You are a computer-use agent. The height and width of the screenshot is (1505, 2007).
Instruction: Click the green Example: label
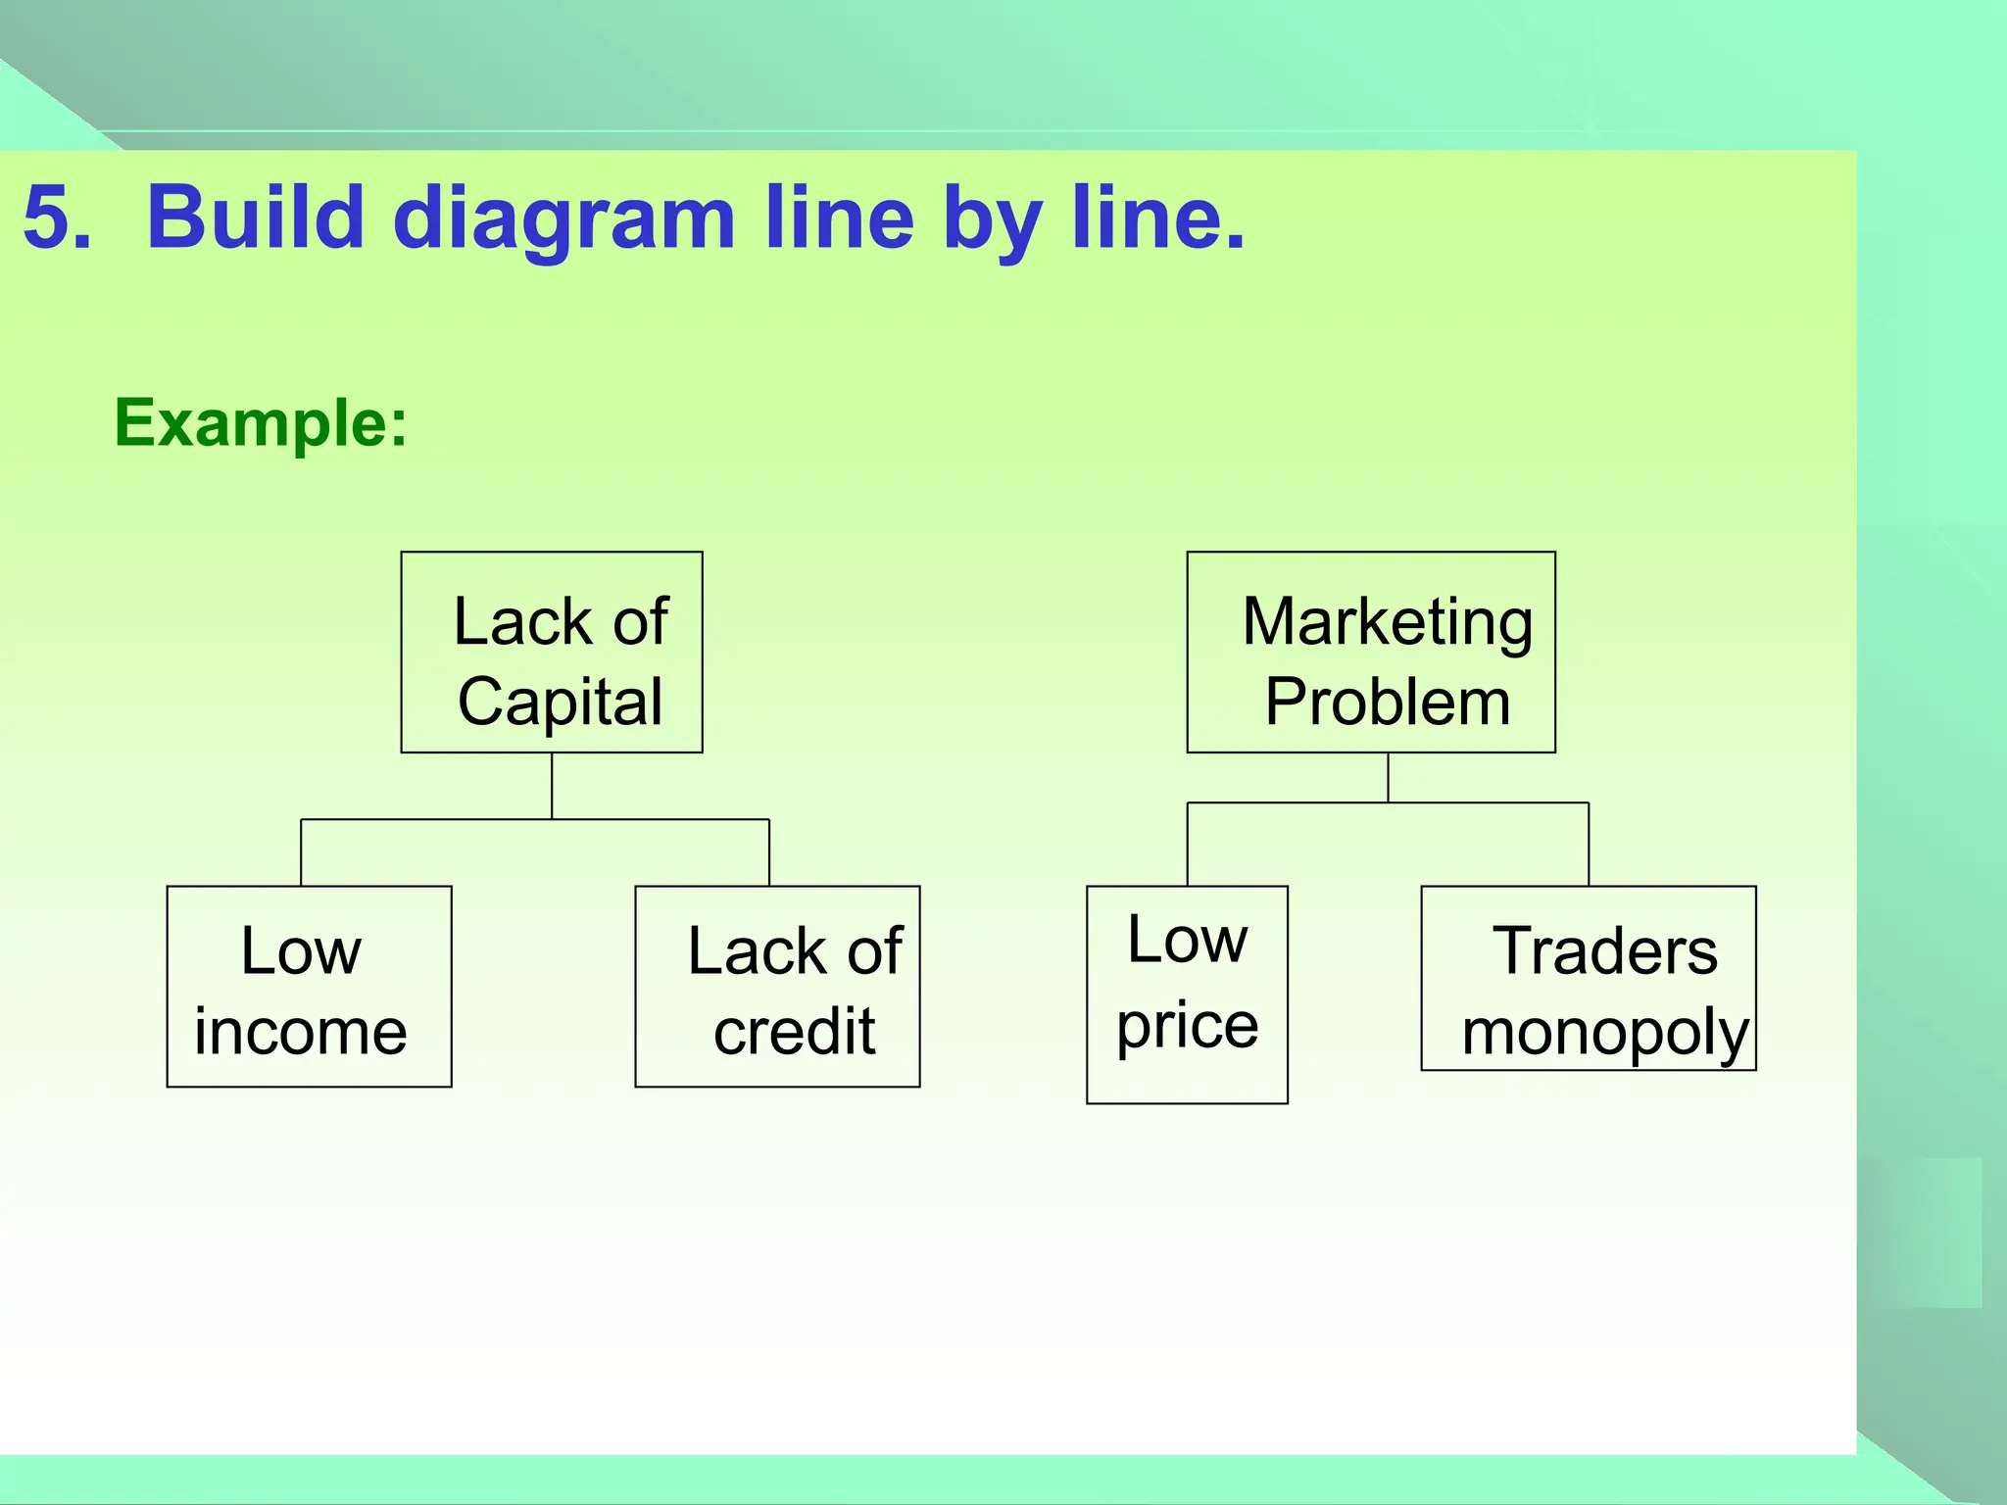(261, 423)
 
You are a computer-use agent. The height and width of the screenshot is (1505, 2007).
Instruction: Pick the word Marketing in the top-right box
(1387, 623)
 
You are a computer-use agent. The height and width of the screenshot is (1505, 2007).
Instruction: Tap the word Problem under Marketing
(1387, 703)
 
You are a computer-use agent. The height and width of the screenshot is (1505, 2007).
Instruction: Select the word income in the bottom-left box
(300, 1032)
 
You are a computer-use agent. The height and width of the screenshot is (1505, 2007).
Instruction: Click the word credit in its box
(794, 1032)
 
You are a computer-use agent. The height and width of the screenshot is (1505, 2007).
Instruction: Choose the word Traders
(1604, 951)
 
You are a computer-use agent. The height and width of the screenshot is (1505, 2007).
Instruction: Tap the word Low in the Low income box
(301, 951)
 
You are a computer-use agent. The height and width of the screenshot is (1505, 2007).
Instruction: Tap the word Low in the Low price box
(1187, 940)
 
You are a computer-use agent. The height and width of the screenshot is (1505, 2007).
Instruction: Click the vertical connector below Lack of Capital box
(552, 786)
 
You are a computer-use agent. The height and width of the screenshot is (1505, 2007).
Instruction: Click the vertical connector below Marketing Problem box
(1388, 778)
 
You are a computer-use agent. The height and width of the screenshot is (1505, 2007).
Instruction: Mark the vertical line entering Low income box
(301, 852)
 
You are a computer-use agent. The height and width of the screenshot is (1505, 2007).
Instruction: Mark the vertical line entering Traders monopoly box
(1589, 845)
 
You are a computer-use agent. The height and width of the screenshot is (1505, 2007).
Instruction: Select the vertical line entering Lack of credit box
(769, 852)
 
